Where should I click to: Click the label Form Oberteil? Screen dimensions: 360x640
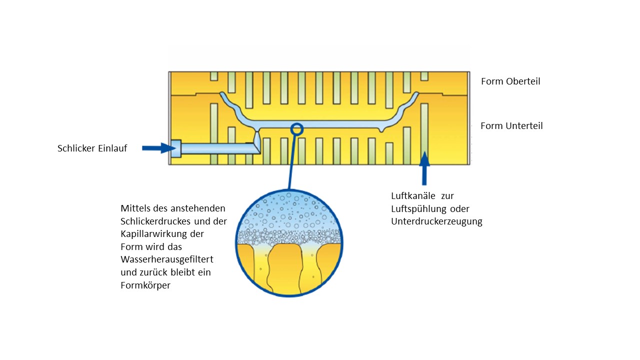pyautogui.click(x=510, y=81)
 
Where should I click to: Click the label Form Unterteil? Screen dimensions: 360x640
pyautogui.click(x=511, y=126)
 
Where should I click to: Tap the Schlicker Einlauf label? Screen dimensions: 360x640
pyautogui.click(x=92, y=148)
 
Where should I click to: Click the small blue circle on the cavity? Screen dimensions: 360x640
pyautogui.click(x=297, y=129)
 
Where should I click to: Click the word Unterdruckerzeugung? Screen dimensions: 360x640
pyautogui.click(x=436, y=221)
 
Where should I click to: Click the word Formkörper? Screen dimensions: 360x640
pyautogui.click(x=145, y=286)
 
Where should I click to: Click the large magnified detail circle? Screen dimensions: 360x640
pyautogui.click(x=289, y=243)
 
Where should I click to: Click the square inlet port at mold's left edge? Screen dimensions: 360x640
pyautogui.click(x=175, y=148)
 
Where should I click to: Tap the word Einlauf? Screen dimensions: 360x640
pyautogui.click(x=111, y=148)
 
